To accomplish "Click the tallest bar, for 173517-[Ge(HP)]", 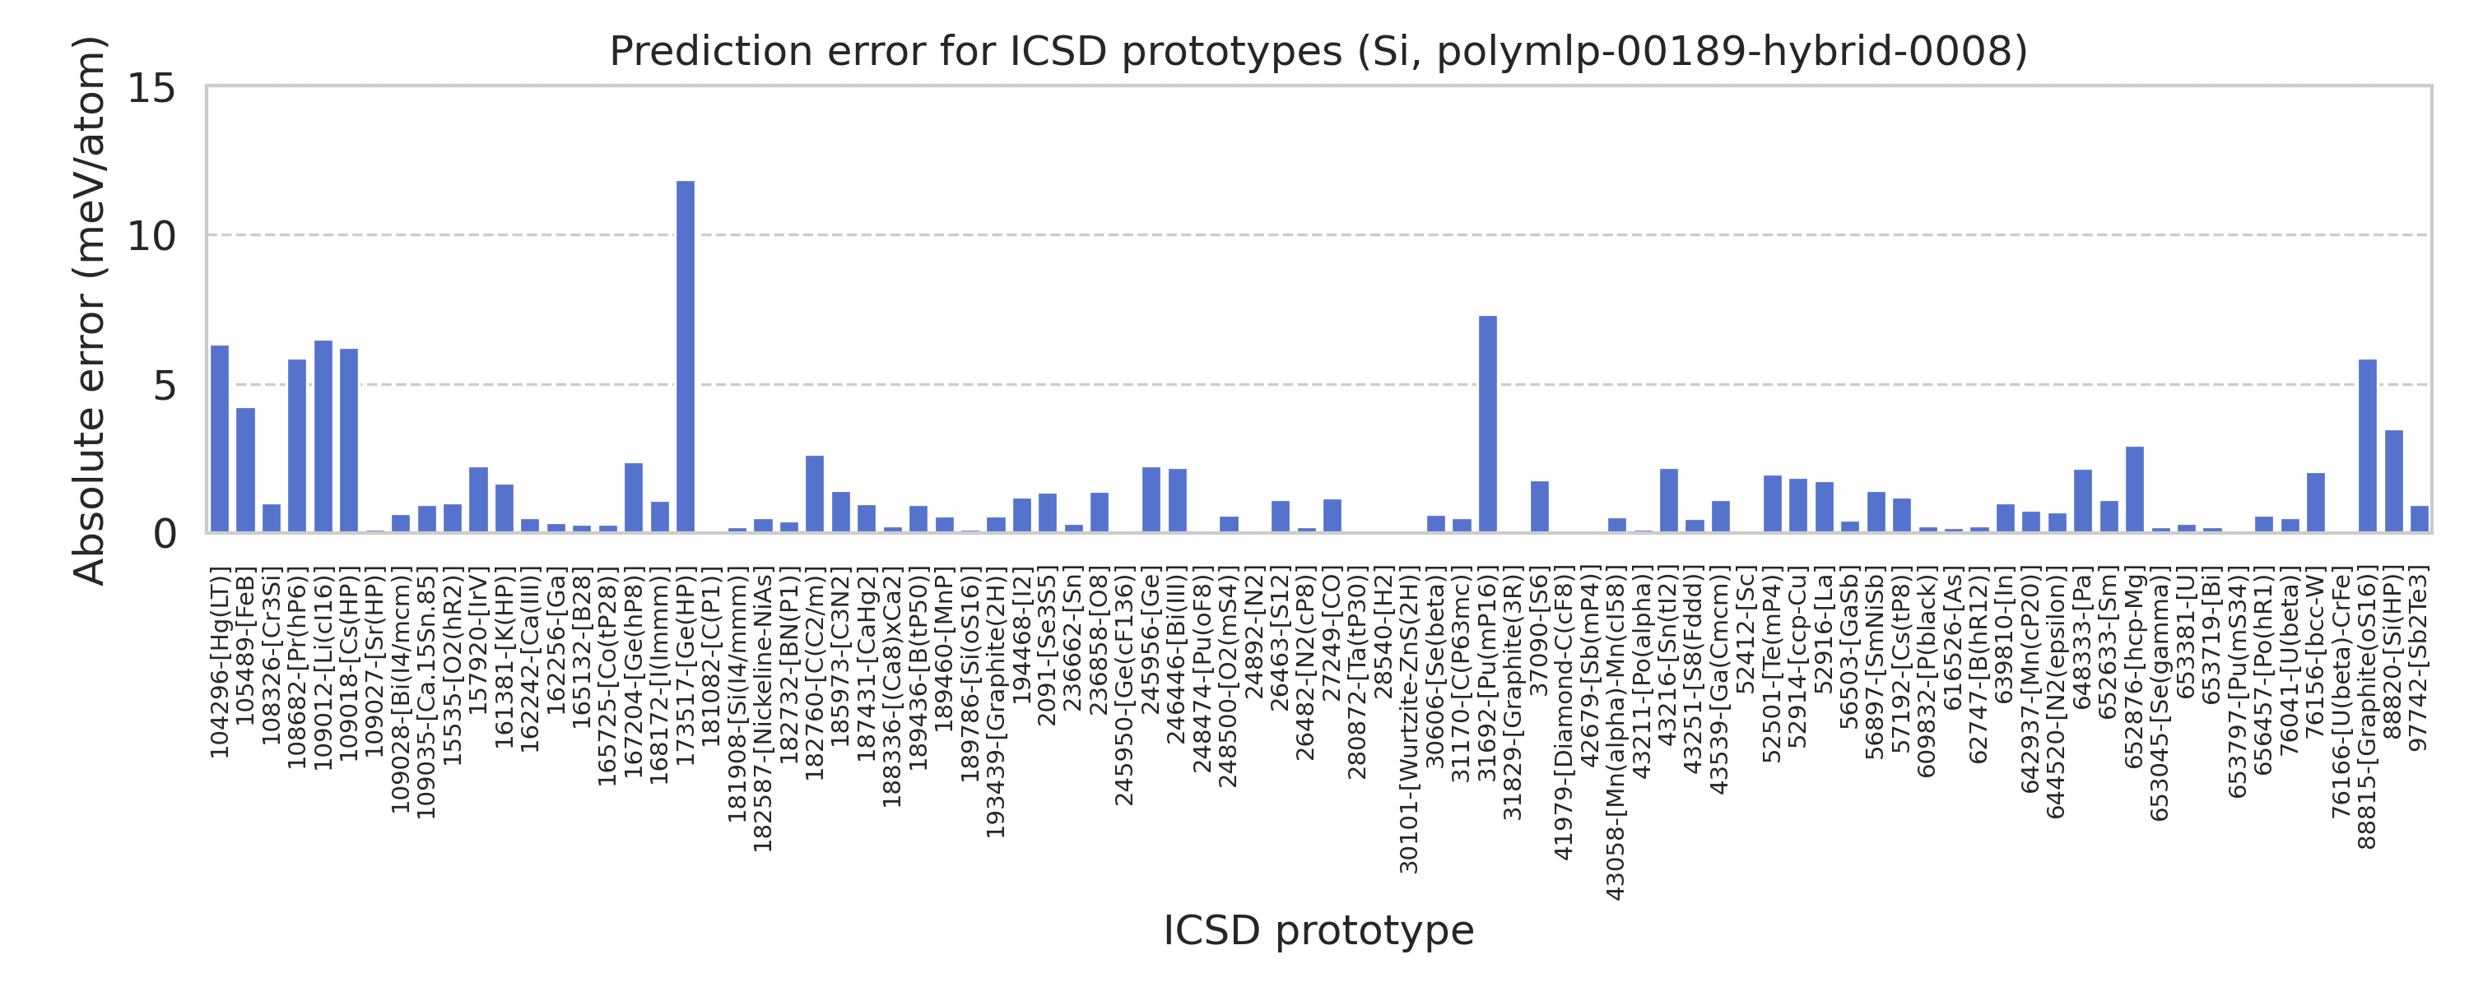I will pyautogui.click(x=686, y=355).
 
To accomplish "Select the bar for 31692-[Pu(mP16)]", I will pyautogui.click(x=1487, y=424).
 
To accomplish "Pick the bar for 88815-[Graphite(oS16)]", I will pyautogui.click(x=2368, y=446).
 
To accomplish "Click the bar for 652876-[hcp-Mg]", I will pyautogui.click(x=2135, y=489).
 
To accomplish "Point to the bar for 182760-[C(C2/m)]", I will pyautogui.click(x=815, y=493).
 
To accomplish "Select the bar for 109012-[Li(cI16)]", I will pyautogui.click(x=323, y=436).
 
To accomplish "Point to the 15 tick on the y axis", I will pyautogui.click(x=151, y=88).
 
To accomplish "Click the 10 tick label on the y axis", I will pyautogui.click(x=151, y=236).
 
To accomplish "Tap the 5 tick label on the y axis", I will pyautogui.click(x=164, y=385).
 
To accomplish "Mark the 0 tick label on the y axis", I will pyautogui.click(x=164, y=534).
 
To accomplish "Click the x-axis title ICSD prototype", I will pyautogui.click(x=1318, y=930).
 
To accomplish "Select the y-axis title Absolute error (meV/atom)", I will pyautogui.click(x=90, y=309).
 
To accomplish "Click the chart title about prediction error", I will pyautogui.click(x=1318, y=51).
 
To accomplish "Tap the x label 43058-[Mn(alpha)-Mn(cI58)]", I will pyautogui.click(x=1617, y=735).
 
